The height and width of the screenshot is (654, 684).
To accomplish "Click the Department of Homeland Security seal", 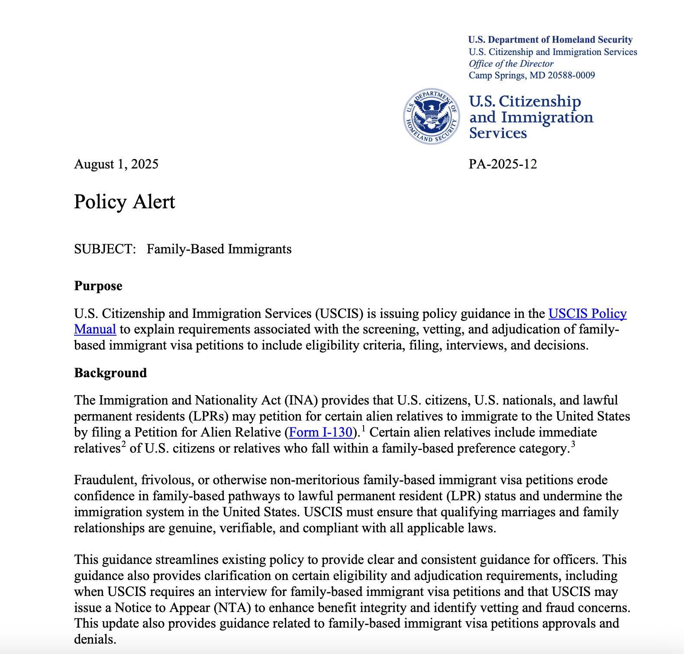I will point(431,117).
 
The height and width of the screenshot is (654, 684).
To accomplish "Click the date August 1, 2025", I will point(116,164).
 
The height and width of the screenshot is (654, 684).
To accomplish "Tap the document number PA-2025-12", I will point(503,164).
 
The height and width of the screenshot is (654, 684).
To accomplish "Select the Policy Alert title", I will point(124,202).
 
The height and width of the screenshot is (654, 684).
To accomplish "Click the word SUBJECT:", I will point(105,249).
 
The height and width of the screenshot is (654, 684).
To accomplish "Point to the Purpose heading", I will point(98,286).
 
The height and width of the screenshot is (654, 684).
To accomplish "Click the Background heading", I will point(110,373).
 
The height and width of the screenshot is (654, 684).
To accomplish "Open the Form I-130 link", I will point(320,432).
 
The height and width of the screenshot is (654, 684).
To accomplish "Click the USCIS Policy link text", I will point(587,314).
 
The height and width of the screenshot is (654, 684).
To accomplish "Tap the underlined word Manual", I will point(95,330).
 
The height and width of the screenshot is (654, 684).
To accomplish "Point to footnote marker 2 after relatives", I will point(123,444).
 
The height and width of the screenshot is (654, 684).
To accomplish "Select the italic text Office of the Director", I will point(511,64).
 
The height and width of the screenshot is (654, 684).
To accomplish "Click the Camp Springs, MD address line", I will point(532,75).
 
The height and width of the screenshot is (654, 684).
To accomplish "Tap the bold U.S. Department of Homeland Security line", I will point(550,40).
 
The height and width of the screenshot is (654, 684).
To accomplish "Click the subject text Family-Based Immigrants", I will point(219,249).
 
